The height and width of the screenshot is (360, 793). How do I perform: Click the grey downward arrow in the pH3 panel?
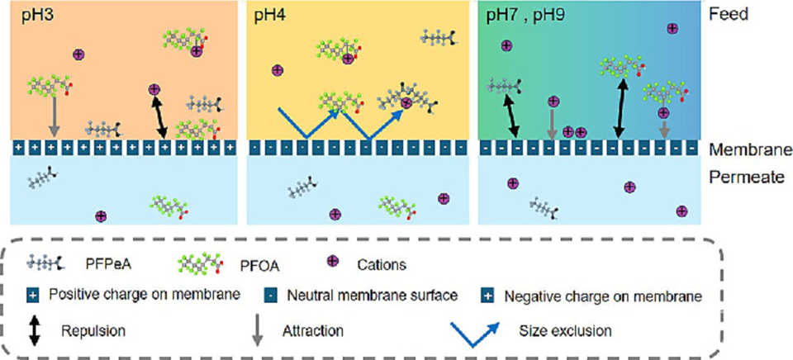click(x=55, y=114)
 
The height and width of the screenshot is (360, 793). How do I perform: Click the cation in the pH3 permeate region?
click(x=101, y=216)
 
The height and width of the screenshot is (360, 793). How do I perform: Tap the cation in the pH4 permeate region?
click(x=444, y=199)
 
